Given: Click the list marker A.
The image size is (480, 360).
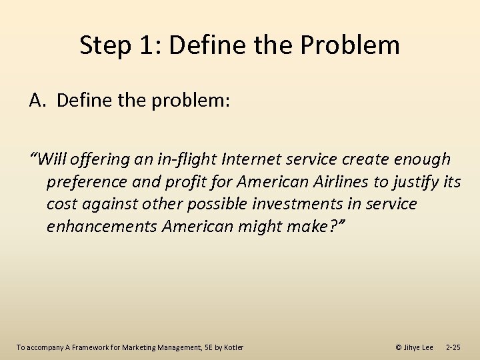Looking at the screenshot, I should click(37, 101).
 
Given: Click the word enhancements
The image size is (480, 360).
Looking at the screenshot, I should click(102, 226).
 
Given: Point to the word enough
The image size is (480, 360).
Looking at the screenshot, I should click(422, 159).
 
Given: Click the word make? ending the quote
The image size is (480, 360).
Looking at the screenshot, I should click(311, 226).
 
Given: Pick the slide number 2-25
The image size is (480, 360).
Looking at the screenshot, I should click(453, 347).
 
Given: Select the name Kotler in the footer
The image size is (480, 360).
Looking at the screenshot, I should click(233, 347).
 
